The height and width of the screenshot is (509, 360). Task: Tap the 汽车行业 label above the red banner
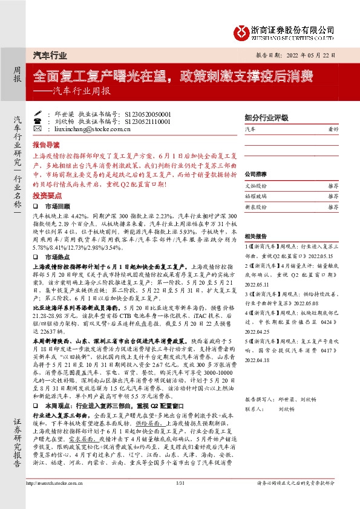click(x=49, y=55)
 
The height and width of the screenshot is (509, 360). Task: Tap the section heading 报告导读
click(x=46, y=146)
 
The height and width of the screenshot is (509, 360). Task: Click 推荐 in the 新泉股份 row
click(x=333, y=206)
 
